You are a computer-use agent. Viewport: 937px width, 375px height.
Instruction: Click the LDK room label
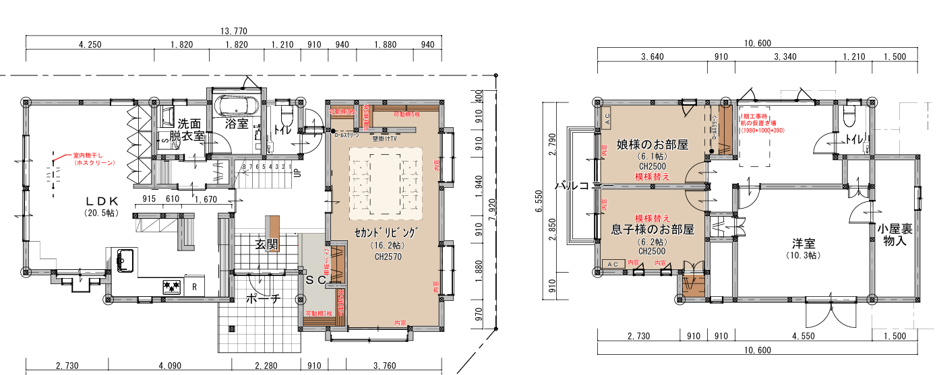click(x=102, y=201)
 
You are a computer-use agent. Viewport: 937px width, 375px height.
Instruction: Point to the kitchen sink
click(x=125, y=259)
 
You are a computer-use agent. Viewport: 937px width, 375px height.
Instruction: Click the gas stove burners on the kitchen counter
click(x=171, y=287)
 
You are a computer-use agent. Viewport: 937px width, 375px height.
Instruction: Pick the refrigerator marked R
click(x=194, y=286)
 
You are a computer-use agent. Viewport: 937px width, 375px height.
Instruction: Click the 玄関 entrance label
click(x=266, y=244)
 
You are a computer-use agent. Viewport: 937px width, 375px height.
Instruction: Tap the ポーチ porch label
click(x=262, y=299)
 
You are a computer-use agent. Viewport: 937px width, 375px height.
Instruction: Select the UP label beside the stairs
click(x=296, y=173)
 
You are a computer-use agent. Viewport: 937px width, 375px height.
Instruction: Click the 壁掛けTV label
click(x=384, y=138)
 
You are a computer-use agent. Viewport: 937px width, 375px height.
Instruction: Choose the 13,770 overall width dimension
click(x=234, y=31)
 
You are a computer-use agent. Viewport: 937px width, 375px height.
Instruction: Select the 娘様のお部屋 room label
click(x=652, y=144)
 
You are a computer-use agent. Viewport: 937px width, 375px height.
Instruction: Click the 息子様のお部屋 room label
click(x=652, y=229)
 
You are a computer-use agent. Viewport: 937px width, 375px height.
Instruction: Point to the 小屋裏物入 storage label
click(x=895, y=234)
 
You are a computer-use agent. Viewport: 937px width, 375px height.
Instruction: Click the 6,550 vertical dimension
click(x=539, y=200)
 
